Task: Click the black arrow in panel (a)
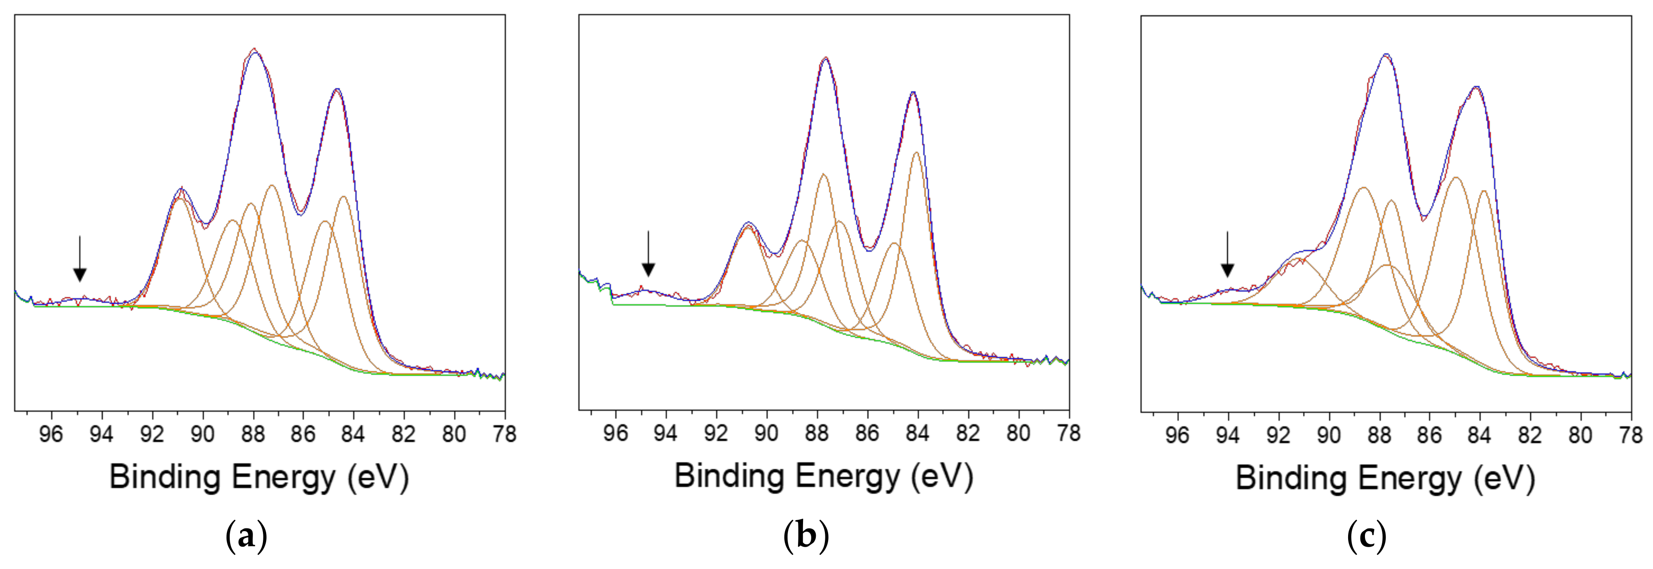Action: pyautogui.click(x=80, y=259)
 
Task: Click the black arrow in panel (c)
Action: pyautogui.click(x=1227, y=255)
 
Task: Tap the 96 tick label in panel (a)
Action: pyautogui.click(x=51, y=435)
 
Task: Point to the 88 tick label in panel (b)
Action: pyautogui.click(x=816, y=434)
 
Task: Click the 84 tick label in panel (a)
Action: pyautogui.click(x=353, y=435)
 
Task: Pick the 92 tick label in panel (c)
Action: pyautogui.click(x=1277, y=435)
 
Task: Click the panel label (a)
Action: pyautogui.click(x=247, y=536)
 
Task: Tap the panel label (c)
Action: pyautogui.click(x=1366, y=536)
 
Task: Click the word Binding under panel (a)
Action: pyautogui.click(x=165, y=478)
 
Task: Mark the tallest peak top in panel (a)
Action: pyautogui.click(x=255, y=49)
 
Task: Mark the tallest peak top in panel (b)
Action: pyautogui.click(x=825, y=58)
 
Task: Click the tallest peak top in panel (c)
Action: pyautogui.click(x=1386, y=55)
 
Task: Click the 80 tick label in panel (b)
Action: pyautogui.click(x=1018, y=434)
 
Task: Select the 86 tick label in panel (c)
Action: pyautogui.click(x=1429, y=435)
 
